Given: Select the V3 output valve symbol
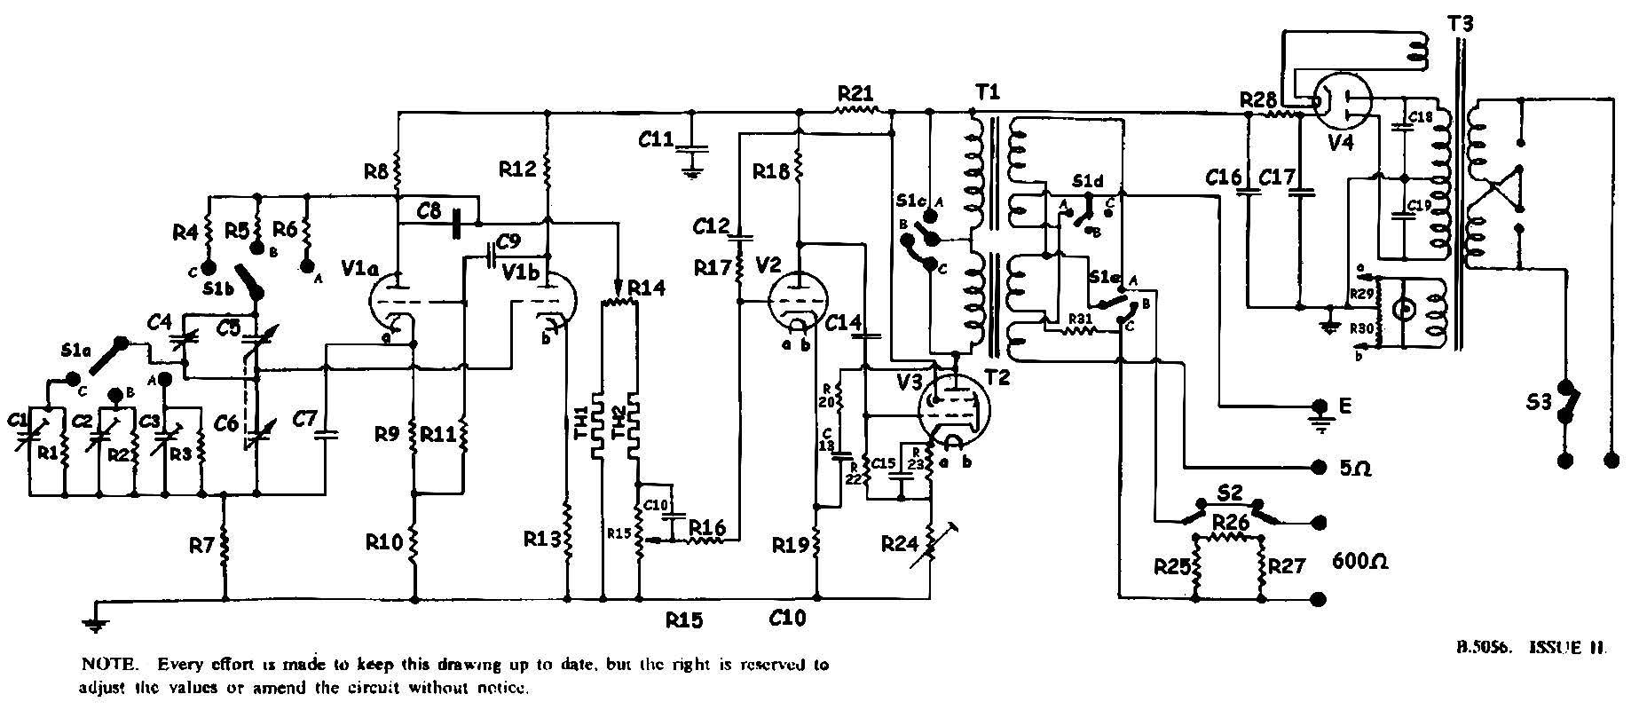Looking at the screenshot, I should click(957, 407).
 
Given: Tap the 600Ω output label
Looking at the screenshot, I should click(1359, 562).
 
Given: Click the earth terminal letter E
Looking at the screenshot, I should click(1346, 406).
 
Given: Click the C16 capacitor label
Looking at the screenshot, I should click(1224, 177).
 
